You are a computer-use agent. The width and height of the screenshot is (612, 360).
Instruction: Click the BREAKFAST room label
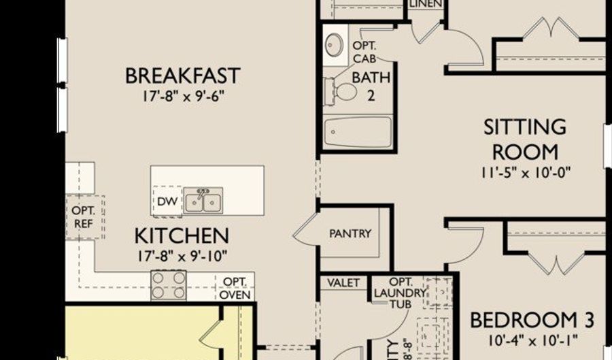pyautogui.click(x=183, y=76)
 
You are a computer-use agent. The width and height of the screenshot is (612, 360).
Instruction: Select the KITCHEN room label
pyautogui.click(x=181, y=236)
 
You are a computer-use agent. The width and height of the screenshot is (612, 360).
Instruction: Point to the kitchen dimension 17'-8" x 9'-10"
pyautogui.click(x=181, y=256)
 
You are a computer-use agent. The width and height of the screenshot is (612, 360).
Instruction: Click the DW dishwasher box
pyautogui.click(x=167, y=201)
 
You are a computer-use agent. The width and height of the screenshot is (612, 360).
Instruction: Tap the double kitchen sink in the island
pyautogui.click(x=203, y=201)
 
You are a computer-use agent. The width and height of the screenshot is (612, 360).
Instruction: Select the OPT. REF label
pyautogui.click(x=84, y=216)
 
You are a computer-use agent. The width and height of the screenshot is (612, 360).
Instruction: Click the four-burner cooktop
pyautogui.click(x=168, y=285)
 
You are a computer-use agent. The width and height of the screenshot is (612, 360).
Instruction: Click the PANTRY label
pyautogui.click(x=350, y=233)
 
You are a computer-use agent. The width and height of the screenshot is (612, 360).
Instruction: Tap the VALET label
pyautogui.click(x=343, y=283)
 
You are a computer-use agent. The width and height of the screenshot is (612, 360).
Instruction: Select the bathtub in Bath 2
pyautogui.click(x=357, y=132)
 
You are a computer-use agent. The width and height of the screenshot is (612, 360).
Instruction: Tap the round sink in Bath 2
pyautogui.click(x=334, y=45)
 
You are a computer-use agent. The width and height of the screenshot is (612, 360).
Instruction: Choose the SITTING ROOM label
pyautogui.click(x=524, y=139)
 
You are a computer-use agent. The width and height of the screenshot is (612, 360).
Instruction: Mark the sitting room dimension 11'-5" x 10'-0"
pyautogui.click(x=524, y=172)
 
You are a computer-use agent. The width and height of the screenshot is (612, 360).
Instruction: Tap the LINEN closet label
pyautogui.click(x=426, y=3)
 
